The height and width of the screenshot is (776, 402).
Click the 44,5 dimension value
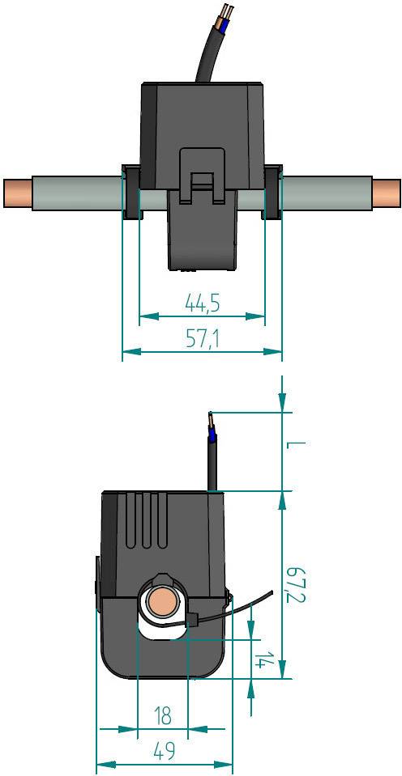coord(203,304)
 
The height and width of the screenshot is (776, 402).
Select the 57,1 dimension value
coord(203,340)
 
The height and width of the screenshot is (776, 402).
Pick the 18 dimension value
coord(163,716)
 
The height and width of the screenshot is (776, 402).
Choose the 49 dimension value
coord(165,752)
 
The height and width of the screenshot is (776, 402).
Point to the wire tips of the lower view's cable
coord(210,422)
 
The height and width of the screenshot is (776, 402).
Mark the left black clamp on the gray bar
coord(130,193)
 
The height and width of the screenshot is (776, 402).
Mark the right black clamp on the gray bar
coord(272,193)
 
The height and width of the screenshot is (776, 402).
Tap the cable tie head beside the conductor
coord(194,621)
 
